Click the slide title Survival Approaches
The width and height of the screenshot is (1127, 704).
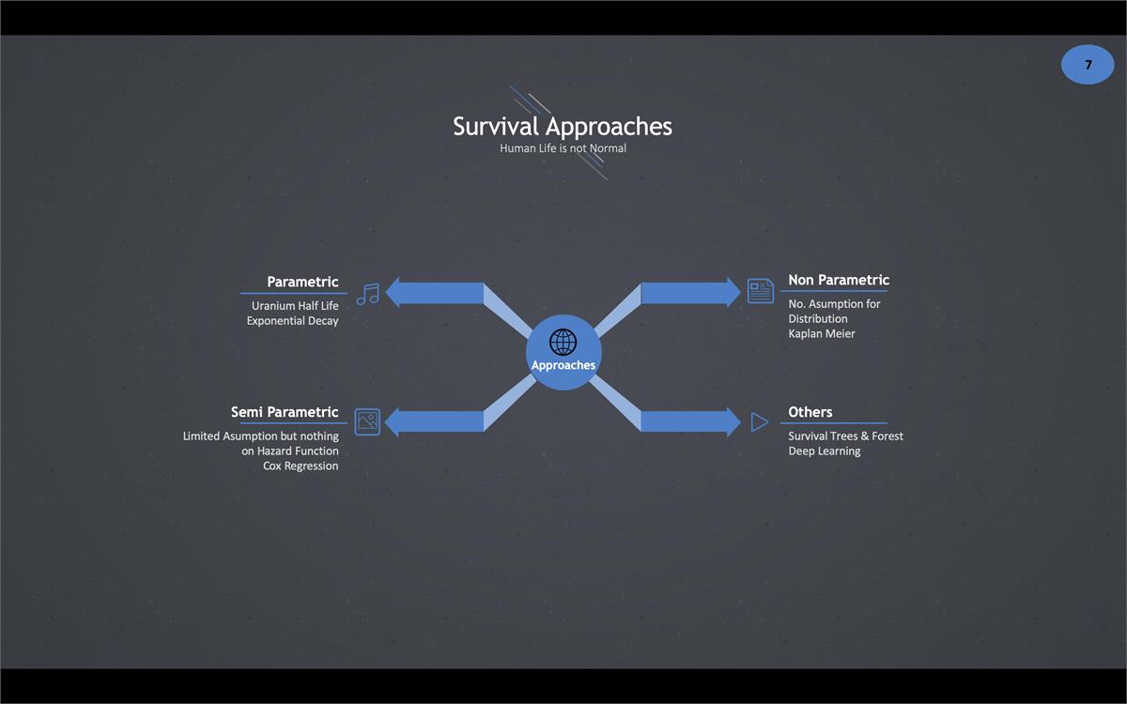tap(563, 126)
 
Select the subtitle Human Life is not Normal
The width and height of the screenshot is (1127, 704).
tap(563, 148)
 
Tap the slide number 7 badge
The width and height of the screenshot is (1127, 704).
tap(1088, 65)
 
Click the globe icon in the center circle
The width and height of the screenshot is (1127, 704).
tap(563, 342)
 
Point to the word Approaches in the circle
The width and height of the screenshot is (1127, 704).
tap(563, 365)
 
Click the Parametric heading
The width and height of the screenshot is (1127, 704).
tap(302, 282)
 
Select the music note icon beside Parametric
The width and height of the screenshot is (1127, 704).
tap(367, 293)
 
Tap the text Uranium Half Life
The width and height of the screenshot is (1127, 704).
tap(295, 306)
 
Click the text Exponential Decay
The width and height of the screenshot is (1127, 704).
tap(292, 321)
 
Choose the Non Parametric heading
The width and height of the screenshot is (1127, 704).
tap(838, 280)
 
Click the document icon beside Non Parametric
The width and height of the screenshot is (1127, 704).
tap(760, 291)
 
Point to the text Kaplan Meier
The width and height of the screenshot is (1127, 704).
tap(822, 334)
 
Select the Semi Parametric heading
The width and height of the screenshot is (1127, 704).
tap(285, 412)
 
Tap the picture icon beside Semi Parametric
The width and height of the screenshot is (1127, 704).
tap(367, 421)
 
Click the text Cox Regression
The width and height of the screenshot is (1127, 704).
tap(301, 467)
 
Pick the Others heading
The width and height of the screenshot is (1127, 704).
tap(810, 412)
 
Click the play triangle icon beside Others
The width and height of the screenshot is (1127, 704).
tap(759, 422)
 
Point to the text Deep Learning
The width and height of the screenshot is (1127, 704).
tap(824, 451)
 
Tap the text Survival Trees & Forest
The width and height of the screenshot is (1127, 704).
tap(845, 436)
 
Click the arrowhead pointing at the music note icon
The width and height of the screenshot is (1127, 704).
tap(395, 293)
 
